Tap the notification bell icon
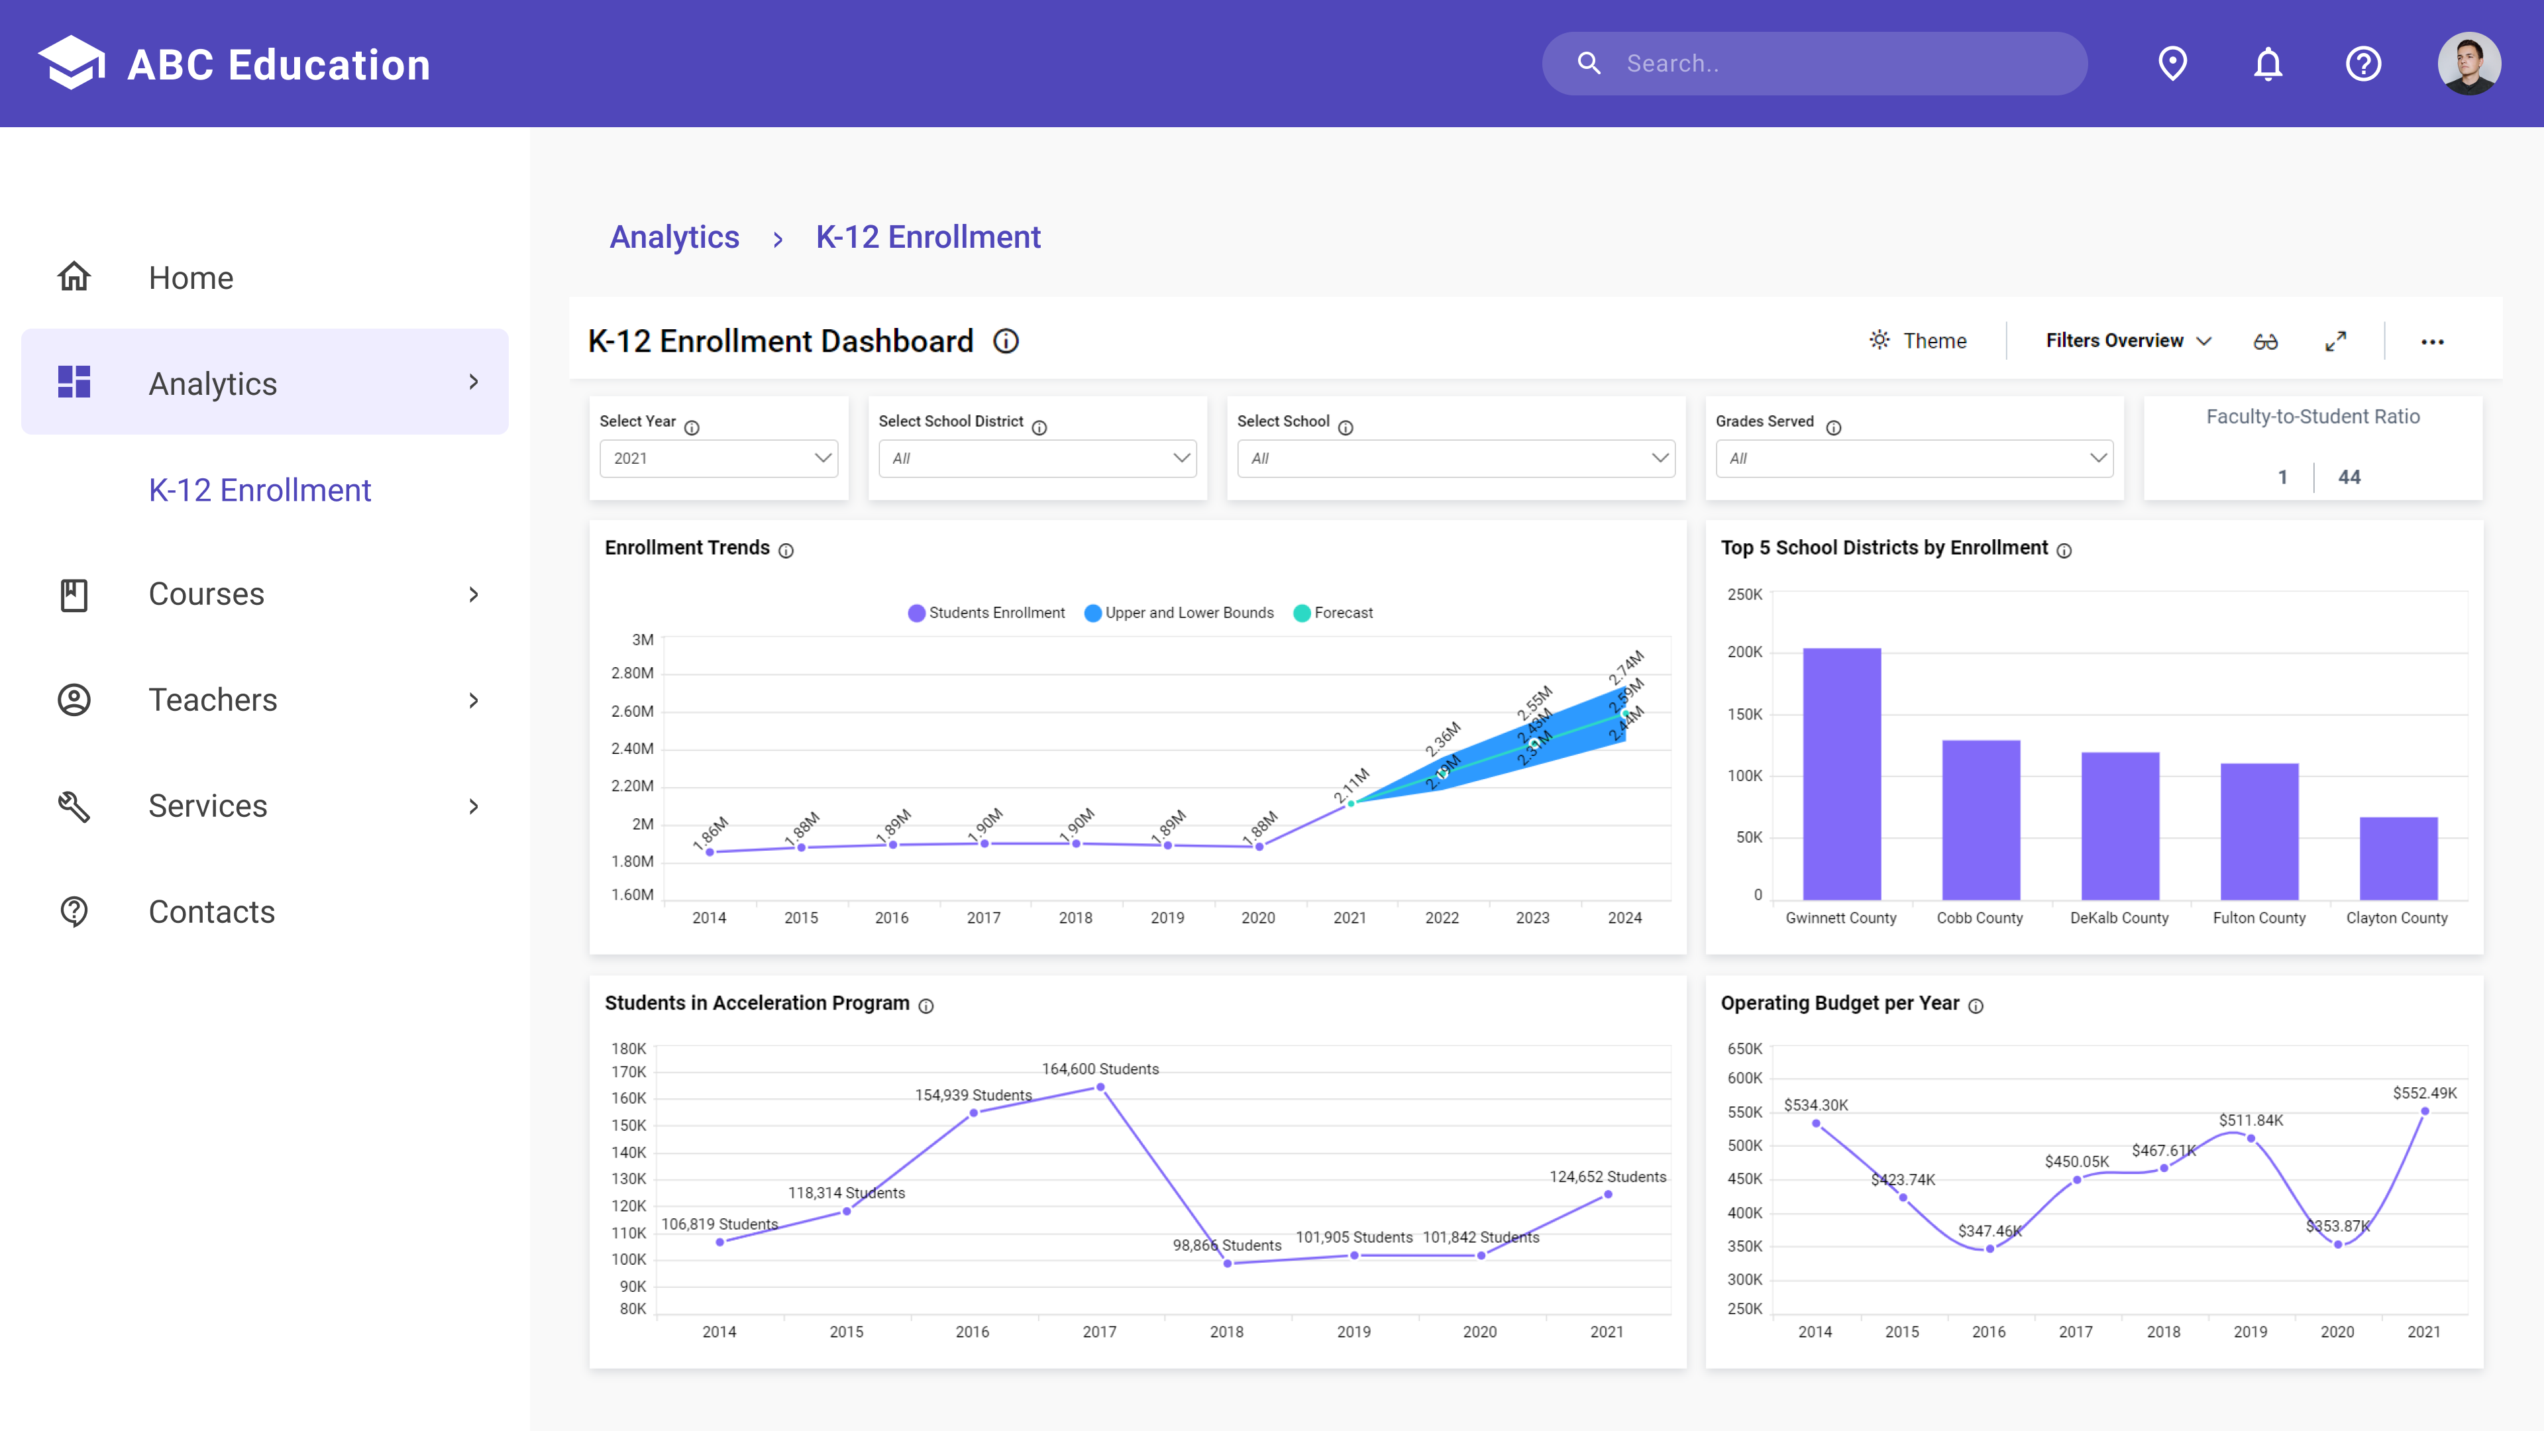tap(2268, 64)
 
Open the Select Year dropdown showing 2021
tap(719, 458)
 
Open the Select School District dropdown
tap(1037, 458)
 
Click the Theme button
tap(1918, 341)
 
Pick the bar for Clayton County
tap(2398, 857)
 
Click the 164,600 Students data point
tap(1100, 1087)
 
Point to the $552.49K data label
tap(2423, 1093)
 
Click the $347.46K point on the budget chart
tap(1989, 1248)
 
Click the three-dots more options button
tap(2431, 342)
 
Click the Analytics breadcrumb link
tap(674, 238)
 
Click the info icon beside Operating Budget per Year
tap(1975, 1006)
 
